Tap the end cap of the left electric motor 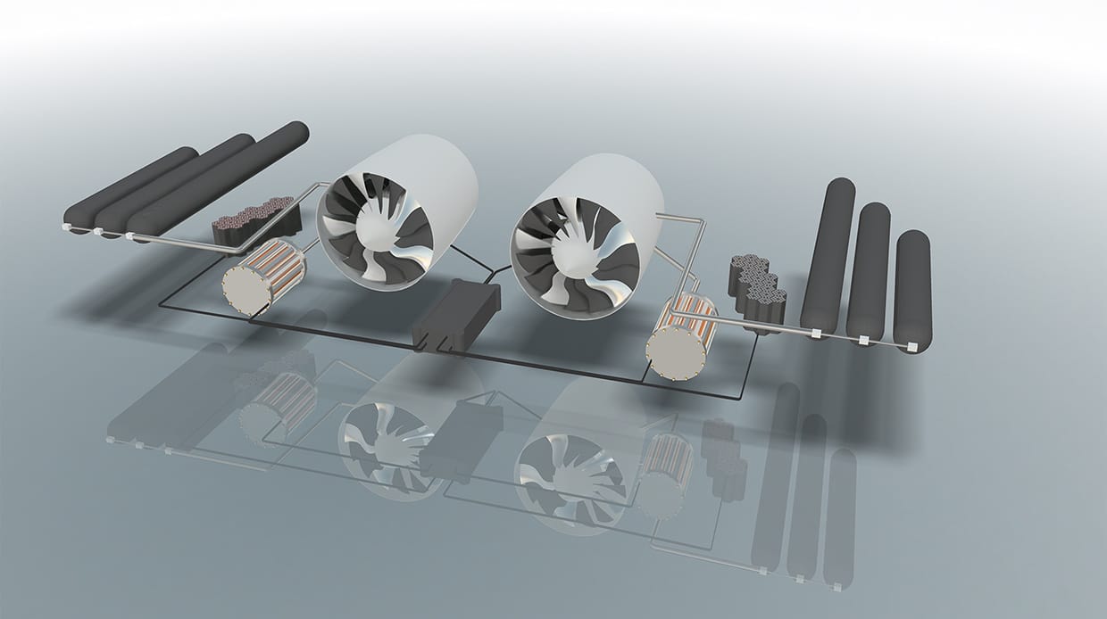tap(240, 287)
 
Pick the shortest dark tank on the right tap(912, 287)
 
